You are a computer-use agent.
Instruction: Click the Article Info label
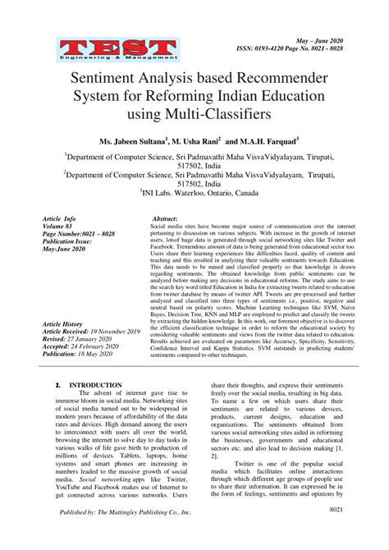pyautogui.click(x=58, y=220)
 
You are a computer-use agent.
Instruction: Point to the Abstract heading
pyautogui.click(x=165, y=219)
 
